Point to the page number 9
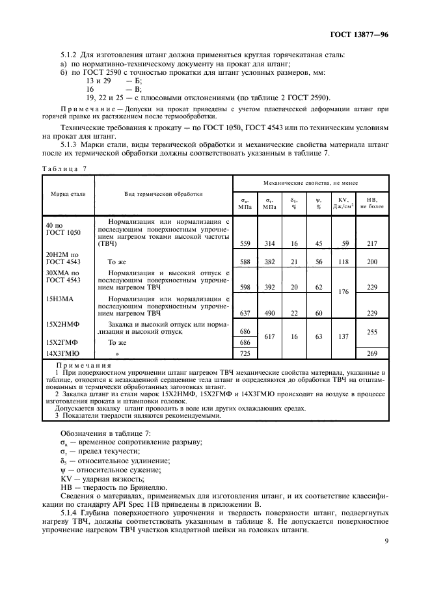pos(386,539)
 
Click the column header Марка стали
pos(68,194)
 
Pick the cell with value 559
pos(245,243)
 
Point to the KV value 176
pos(345,292)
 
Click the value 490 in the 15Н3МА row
pos(269,313)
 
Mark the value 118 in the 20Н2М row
pos(345,261)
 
